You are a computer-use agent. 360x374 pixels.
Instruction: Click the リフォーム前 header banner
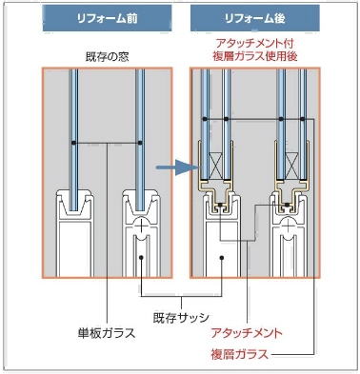[x=108, y=18]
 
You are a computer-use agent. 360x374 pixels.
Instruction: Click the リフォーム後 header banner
[x=255, y=18]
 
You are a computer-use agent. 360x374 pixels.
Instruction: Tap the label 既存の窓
[x=108, y=57]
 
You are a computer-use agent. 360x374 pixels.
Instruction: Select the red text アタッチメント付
[x=254, y=43]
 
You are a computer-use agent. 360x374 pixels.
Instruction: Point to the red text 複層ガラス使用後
[x=255, y=56]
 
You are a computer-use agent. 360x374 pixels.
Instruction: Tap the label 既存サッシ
[x=181, y=318]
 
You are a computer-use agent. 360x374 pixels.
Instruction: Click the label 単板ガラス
[x=107, y=333]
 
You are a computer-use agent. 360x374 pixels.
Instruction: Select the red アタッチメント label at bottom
[x=247, y=333]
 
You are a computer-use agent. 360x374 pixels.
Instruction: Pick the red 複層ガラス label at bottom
[x=240, y=354]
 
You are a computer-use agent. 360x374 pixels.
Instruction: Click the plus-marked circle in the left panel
[x=141, y=226]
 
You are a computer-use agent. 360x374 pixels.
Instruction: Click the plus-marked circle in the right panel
[x=288, y=226]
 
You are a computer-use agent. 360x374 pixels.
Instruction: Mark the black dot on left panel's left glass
[x=73, y=143]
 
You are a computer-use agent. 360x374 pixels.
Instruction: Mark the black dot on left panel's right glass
[x=140, y=143]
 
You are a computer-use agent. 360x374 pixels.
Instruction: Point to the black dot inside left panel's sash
[x=141, y=257]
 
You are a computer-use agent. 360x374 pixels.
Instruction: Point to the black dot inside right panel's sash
[x=222, y=257]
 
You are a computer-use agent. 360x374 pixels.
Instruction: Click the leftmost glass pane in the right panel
[x=206, y=124]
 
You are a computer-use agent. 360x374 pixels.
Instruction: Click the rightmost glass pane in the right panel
[x=303, y=124]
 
